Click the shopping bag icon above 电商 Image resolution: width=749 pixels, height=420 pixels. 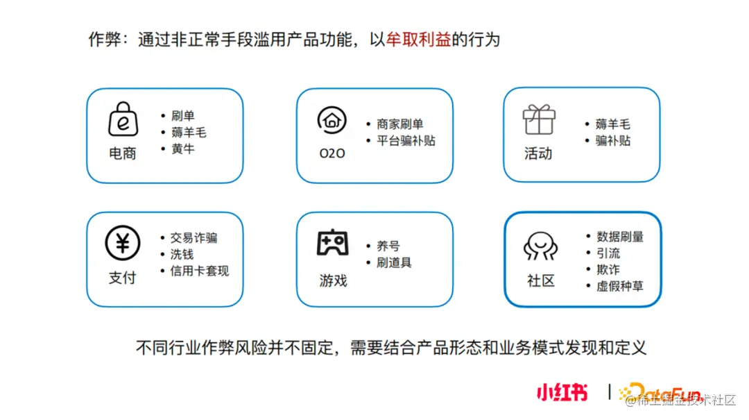[x=123, y=119]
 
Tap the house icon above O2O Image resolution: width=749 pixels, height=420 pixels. [x=332, y=120]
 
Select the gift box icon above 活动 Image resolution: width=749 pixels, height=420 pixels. [x=539, y=119]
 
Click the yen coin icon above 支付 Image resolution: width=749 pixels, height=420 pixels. [x=123, y=243]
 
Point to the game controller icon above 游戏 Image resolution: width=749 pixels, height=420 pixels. [x=332, y=243]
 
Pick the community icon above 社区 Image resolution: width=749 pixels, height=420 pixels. [x=540, y=246]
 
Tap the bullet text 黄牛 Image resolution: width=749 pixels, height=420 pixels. [x=183, y=148]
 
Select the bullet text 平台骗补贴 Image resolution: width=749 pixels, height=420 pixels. [x=406, y=140]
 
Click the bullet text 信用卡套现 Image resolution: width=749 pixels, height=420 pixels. [x=199, y=271]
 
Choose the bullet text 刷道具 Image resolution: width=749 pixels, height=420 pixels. [x=394, y=262]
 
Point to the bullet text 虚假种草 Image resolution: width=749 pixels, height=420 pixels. [x=619, y=285]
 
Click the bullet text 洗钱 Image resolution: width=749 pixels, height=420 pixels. [x=182, y=254]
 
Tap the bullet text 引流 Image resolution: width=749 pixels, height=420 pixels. [x=608, y=253]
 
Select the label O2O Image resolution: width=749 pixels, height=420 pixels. [x=332, y=153]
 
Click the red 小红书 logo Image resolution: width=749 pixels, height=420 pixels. [x=562, y=393]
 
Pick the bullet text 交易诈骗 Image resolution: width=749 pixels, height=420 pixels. [x=193, y=237]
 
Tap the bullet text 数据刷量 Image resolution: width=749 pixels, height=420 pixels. [x=619, y=237]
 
